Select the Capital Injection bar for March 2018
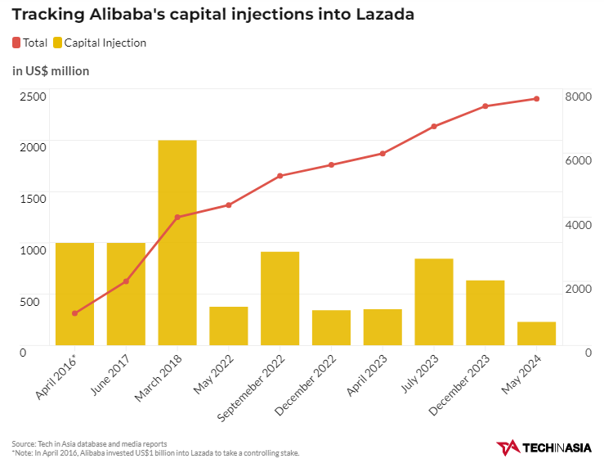(177, 242)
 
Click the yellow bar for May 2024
(536, 333)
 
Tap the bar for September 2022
(280, 298)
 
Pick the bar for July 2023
(434, 302)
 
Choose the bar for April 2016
(74, 294)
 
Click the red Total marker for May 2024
(536, 99)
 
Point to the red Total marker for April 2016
(74, 313)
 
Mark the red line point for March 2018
(177, 218)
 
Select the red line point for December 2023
(485, 106)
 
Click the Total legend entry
(29, 43)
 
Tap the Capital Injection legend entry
(99, 43)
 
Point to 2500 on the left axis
(34, 96)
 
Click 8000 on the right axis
(577, 96)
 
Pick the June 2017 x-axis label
(110, 375)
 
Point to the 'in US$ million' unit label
(51, 71)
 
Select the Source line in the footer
(90, 443)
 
